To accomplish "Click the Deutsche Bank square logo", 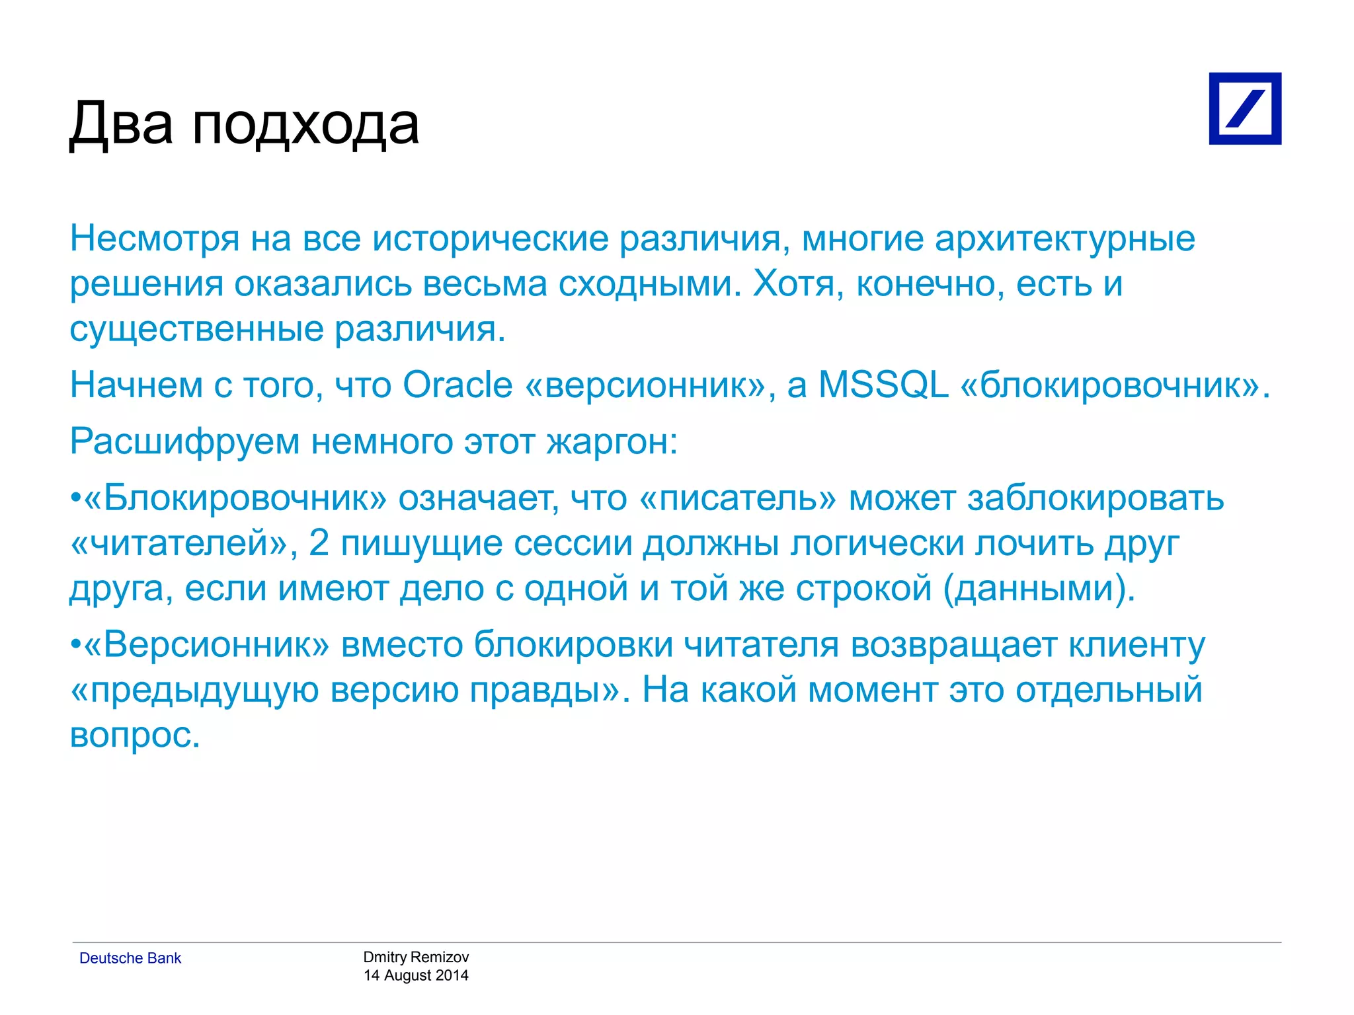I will click(x=1244, y=108).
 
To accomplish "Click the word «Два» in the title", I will click(x=121, y=124).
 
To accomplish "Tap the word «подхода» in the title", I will click(x=305, y=126).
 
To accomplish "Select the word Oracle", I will click(x=458, y=385).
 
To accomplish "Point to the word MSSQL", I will click(x=883, y=385).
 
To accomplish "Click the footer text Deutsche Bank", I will click(x=130, y=958).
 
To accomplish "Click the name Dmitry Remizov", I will click(x=416, y=957).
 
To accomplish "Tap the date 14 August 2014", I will click(x=416, y=975).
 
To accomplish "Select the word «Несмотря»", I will click(x=155, y=239).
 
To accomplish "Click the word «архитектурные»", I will click(x=1064, y=239).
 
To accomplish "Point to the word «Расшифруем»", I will click(x=185, y=441).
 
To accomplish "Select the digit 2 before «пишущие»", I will click(x=319, y=543).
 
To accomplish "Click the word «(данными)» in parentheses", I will click(x=1039, y=588).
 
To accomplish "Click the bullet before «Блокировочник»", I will click(x=75, y=498).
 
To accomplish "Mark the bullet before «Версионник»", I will click(x=75, y=645).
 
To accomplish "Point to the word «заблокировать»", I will click(x=1095, y=498).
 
